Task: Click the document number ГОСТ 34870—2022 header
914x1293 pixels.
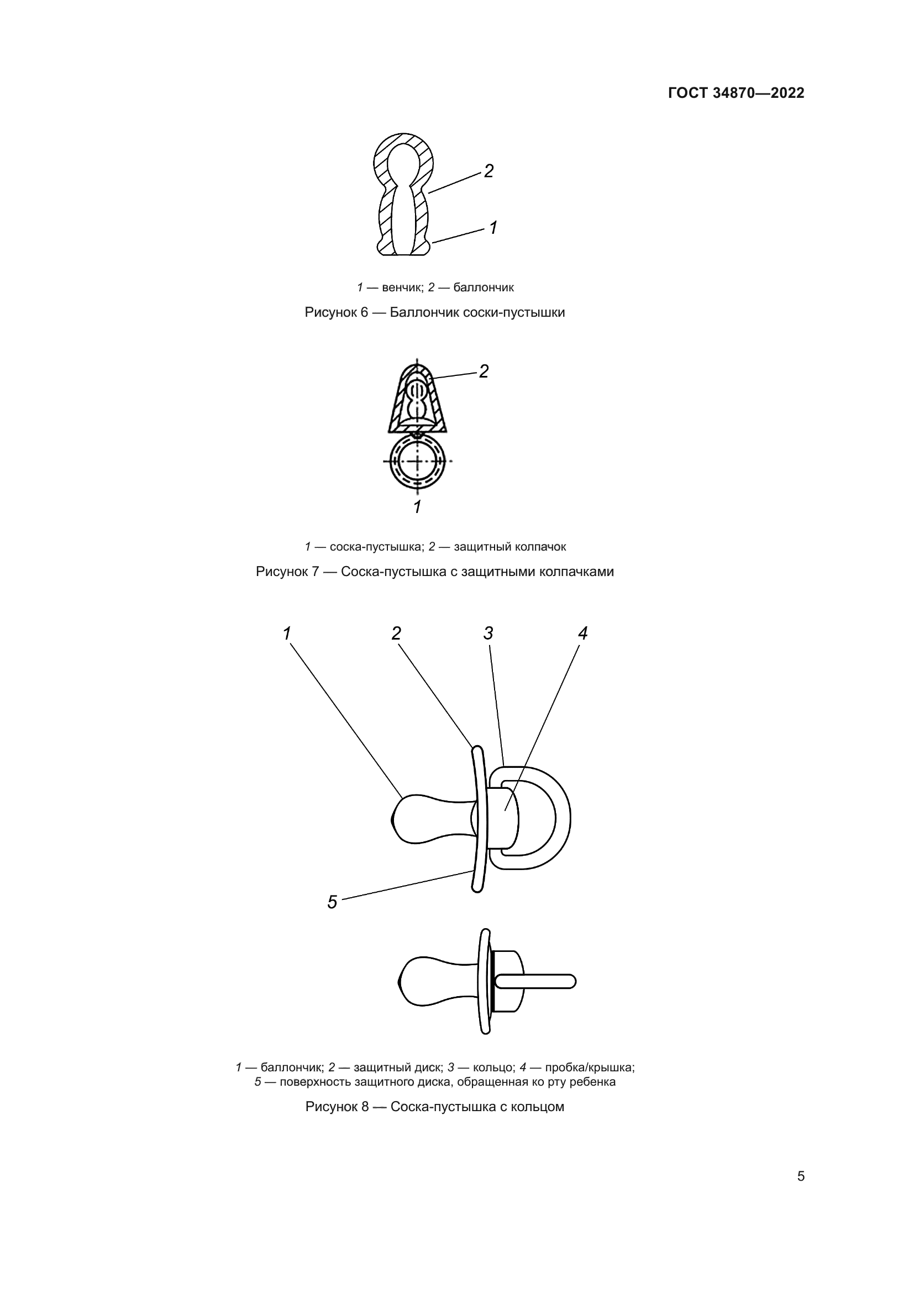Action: (736, 93)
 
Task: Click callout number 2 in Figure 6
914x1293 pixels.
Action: (488, 171)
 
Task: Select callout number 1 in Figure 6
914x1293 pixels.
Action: (493, 228)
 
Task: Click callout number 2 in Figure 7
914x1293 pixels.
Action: (484, 371)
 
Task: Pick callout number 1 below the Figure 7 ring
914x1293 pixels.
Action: (417, 507)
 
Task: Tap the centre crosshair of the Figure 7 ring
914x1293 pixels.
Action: (417, 461)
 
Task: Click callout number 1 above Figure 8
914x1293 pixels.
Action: (287, 634)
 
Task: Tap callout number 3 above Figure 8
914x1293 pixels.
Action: (488, 634)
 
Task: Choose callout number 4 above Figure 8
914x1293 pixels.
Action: (582, 634)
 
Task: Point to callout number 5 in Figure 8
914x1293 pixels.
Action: (332, 902)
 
